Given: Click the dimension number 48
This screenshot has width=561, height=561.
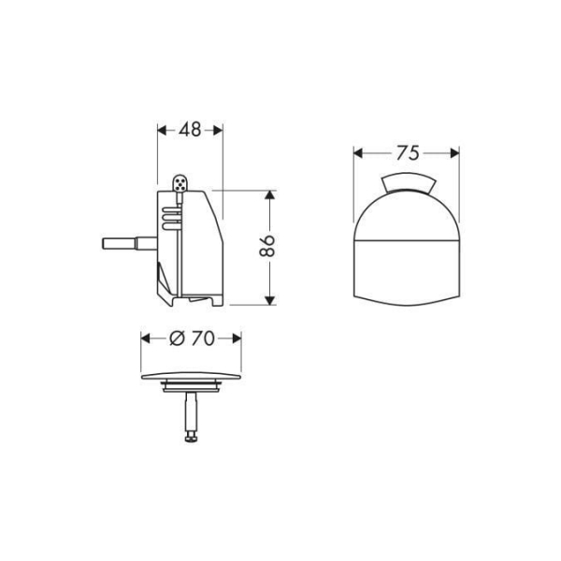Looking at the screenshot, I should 190,130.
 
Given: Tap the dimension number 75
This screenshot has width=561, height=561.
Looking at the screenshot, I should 406,152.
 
